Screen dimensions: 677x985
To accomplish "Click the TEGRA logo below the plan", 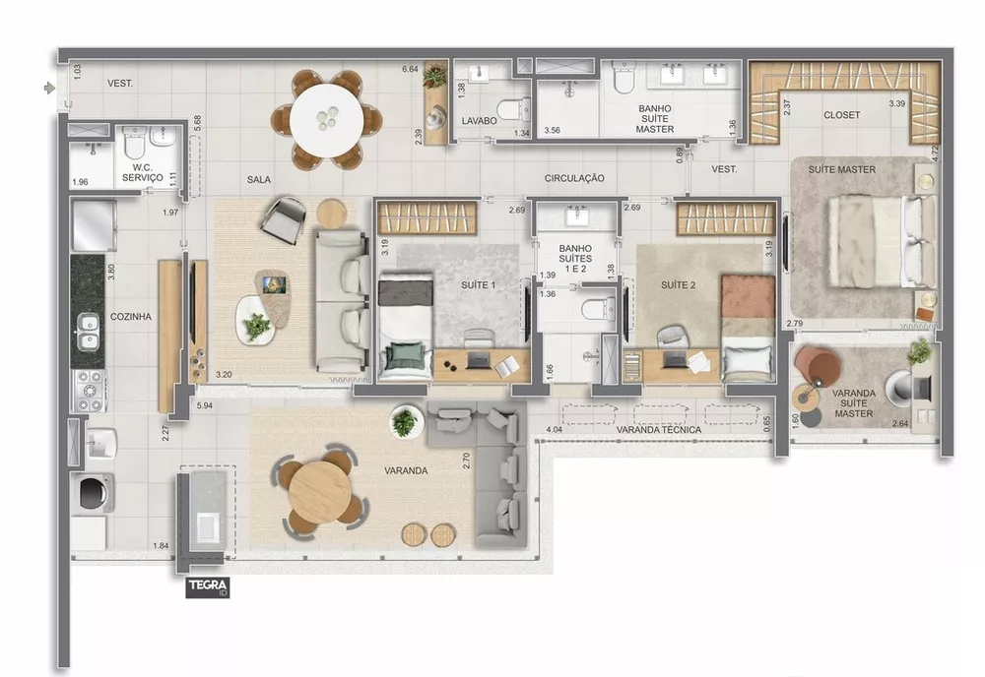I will pos(208,587).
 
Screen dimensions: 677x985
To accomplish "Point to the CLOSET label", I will pos(841,115).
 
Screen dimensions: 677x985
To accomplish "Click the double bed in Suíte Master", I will pos(880,240).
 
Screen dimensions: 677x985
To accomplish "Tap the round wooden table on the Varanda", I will pos(321,491).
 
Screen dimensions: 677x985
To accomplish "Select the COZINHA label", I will pos(130,317).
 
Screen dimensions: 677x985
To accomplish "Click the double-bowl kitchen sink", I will pos(89,332).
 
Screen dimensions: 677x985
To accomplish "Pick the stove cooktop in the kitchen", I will pos(90,391).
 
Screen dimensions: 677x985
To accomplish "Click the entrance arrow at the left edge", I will pos(49,89).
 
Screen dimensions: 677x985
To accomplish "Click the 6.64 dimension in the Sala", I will pos(411,69).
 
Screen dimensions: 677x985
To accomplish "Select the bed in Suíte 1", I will pos(405,326).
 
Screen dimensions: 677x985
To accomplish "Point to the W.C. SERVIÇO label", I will pos(141,171).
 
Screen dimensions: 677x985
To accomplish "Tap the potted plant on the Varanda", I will pos(404,422).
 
